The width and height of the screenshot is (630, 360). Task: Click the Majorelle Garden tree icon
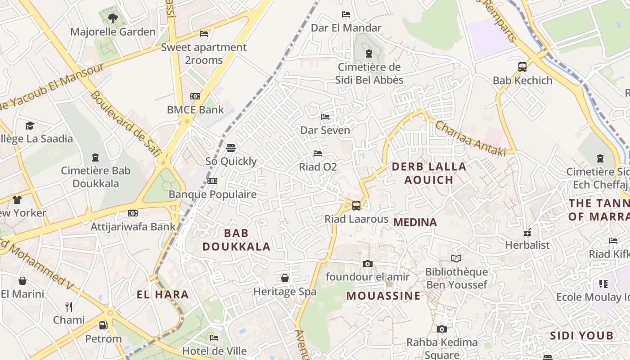tap(112, 18)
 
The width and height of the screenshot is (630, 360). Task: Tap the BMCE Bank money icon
tap(195, 96)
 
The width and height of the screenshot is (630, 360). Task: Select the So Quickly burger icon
tap(231, 148)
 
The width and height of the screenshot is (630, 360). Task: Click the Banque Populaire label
tap(212, 194)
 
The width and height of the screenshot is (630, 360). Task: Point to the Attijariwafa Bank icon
tap(132, 213)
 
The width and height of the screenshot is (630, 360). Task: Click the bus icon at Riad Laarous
tap(356, 206)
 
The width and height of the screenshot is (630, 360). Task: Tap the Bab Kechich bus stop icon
tap(522, 67)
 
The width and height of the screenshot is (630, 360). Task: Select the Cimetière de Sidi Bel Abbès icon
tap(369, 54)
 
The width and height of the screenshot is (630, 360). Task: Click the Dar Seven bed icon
tap(325, 117)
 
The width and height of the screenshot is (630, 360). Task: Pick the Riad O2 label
tap(318, 167)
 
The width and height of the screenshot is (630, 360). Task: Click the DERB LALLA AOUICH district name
tap(429, 173)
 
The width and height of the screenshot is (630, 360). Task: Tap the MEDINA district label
tap(415, 222)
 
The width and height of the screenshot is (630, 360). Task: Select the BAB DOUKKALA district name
tap(236, 240)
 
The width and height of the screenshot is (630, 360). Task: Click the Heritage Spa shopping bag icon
tap(285, 278)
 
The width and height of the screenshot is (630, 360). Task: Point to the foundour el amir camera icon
tap(368, 264)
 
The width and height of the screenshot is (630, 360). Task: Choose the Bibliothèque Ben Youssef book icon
tap(456, 258)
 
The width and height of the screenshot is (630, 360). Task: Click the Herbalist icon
tap(527, 232)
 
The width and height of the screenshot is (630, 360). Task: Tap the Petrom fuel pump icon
tap(103, 325)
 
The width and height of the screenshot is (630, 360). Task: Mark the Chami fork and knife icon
tap(69, 307)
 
